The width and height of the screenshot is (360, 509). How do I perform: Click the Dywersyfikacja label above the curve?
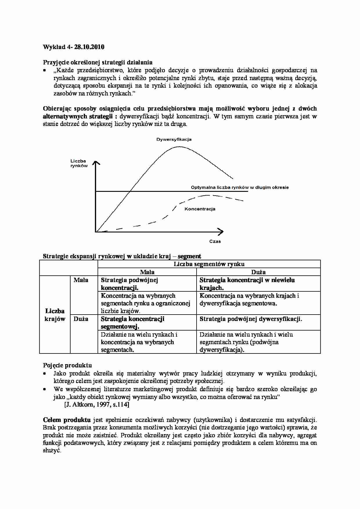[174, 140]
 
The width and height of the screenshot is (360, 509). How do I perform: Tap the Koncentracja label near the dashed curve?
[200, 209]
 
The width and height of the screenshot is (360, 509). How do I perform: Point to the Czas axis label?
[215, 241]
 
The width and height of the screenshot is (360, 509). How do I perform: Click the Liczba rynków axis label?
[79, 163]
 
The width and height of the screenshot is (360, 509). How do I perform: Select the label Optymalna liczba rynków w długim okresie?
[240, 187]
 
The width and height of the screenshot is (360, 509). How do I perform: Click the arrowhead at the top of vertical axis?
[96, 163]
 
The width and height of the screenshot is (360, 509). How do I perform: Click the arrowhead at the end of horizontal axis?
[221, 232]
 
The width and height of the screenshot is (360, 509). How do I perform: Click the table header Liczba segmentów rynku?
[209, 264]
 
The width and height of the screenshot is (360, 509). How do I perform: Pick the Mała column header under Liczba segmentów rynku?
[147, 272]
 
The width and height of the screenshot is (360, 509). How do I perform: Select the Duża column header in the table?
[258, 272]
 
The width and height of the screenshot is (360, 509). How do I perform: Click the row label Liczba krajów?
[55, 315]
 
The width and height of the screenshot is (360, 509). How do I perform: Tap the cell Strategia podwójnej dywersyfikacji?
[251, 319]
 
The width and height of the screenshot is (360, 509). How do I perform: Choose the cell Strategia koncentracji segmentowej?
[132, 322]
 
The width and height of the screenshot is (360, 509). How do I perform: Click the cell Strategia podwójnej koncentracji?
[129, 284]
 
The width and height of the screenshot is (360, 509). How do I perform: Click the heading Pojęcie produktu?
[67, 365]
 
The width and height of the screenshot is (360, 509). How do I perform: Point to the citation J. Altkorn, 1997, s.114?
[97, 405]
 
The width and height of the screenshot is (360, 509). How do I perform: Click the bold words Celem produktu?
[67, 420]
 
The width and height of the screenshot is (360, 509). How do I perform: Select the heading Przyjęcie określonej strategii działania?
[98, 62]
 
